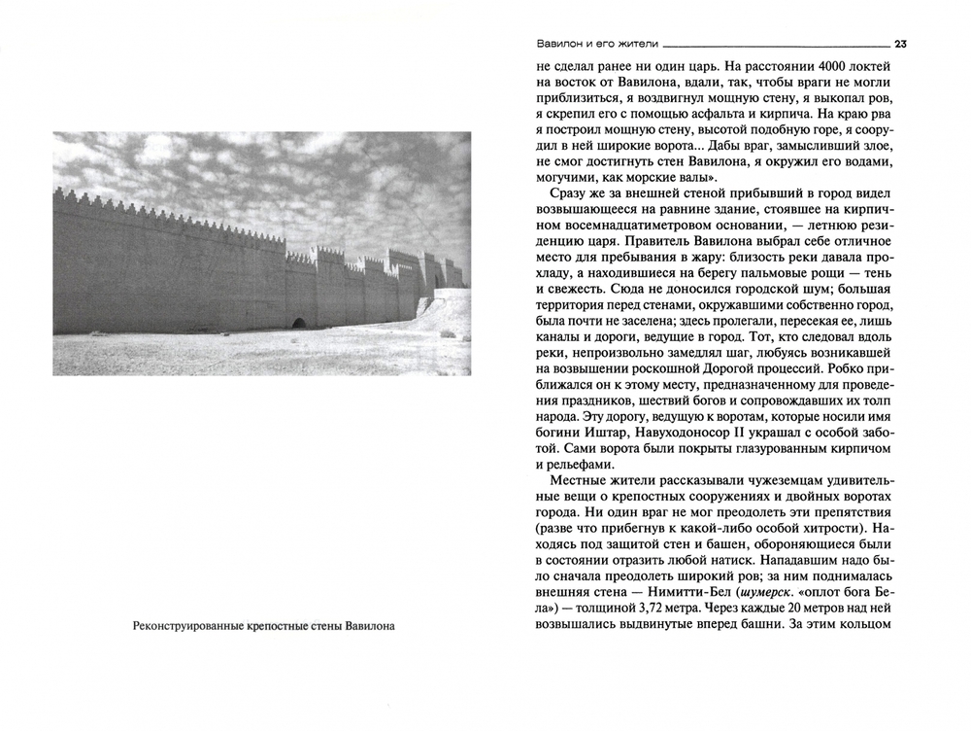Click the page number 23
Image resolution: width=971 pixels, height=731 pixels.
pos(900,43)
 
